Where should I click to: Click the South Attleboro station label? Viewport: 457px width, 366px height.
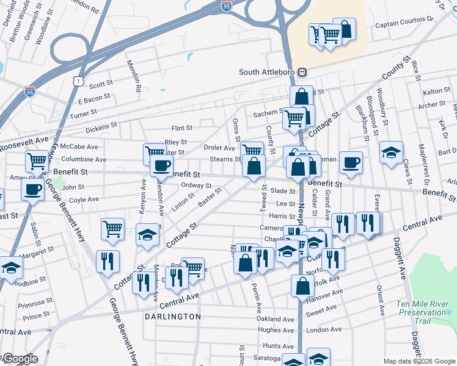(x=266, y=72)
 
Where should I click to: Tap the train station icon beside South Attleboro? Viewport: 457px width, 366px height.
(x=302, y=72)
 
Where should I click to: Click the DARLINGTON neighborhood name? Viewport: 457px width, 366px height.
(x=173, y=317)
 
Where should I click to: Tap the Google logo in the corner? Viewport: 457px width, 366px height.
(x=20, y=359)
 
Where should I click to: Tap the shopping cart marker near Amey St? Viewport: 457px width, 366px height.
(x=37, y=162)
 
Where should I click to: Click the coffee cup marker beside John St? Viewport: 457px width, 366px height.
(x=32, y=188)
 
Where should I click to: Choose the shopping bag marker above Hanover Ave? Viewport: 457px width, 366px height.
(x=303, y=285)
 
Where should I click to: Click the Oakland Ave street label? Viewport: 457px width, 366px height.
(x=276, y=319)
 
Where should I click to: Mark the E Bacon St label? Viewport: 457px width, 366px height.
(x=94, y=98)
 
